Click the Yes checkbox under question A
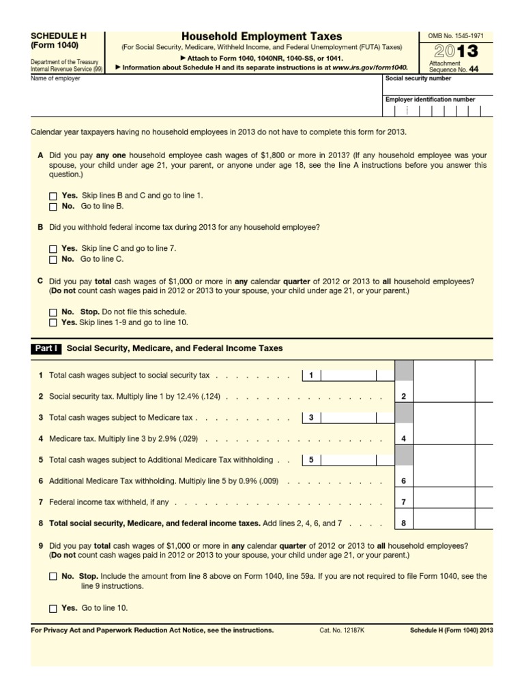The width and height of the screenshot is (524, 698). pyautogui.click(x=53, y=196)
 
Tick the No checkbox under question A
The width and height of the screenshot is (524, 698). pyautogui.click(x=53, y=206)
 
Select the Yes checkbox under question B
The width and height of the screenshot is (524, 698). pyautogui.click(x=53, y=249)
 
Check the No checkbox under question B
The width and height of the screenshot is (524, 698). pyautogui.click(x=53, y=260)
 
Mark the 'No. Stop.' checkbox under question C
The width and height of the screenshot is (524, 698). pyautogui.click(x=53, y=312)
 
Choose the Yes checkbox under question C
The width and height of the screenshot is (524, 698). pyautogui.click(x=53, y=322)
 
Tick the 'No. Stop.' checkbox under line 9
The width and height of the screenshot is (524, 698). pyautogui.click(x=53, y=577)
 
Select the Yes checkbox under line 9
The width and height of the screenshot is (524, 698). pyautogui.click(x=53, y=608)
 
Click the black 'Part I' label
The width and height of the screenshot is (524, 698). pyautogui.click(x=46, y=348)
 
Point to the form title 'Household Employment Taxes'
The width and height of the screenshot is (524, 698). pyautogui.click(x=262, y=36)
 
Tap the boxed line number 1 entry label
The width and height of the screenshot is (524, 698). pyautogui.click(x=310, y=376)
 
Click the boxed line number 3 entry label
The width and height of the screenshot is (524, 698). pyautogui.click(x=310, y=418)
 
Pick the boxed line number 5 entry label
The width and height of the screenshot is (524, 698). pyautogui.click(x=310, y=460)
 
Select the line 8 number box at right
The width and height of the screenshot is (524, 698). pyautogui.click(x=404, y=523)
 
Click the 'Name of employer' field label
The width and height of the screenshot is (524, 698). pyautogui.click(x=55, y=78)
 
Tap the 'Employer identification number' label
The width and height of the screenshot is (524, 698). pyautogui.click(x=431, y=100)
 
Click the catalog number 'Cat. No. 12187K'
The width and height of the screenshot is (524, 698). pyautogui.click(x=342, y=631)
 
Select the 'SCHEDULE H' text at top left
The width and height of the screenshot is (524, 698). pyautogui.click(x=59, y=35)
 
